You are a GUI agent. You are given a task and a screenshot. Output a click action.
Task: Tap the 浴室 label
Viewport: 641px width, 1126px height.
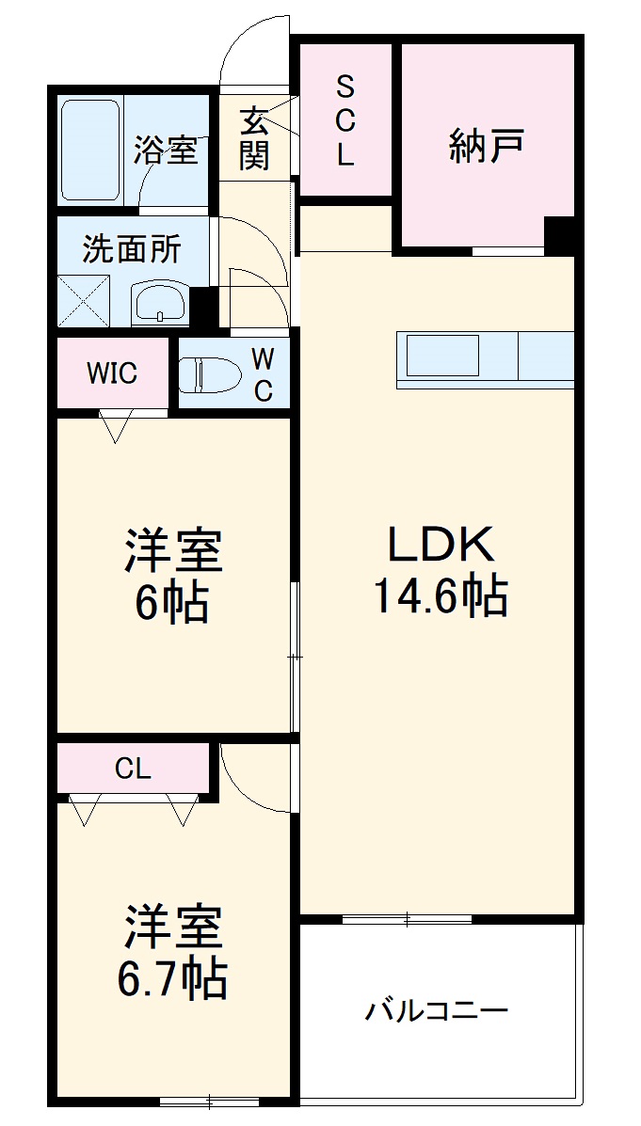[166, 151]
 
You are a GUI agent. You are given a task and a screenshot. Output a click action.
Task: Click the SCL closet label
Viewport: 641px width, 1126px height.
[345, 122]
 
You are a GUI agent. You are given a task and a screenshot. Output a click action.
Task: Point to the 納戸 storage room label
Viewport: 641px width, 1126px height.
[486, 146]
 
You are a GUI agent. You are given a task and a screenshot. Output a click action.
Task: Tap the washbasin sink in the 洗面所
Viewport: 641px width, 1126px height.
[161, 303]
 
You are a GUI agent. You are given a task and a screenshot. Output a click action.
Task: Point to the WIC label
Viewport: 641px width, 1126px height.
[112, 373]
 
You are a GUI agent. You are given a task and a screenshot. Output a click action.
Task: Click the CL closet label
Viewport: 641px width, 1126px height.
[133, 769]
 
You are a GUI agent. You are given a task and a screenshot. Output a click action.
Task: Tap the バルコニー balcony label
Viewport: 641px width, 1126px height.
[436, 1012]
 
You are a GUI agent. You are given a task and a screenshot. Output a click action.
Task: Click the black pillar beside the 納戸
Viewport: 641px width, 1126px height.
[561, 235]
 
